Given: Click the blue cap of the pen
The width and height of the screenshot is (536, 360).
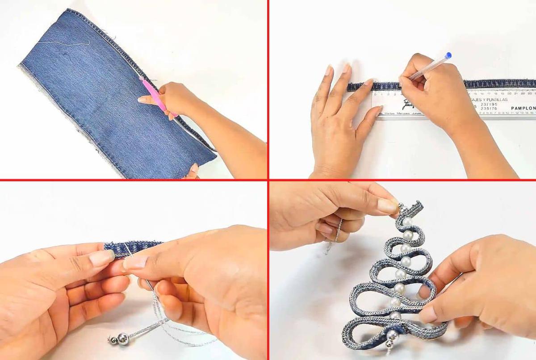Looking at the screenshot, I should tap(448, 55).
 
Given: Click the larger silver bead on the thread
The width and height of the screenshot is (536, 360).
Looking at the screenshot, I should tap(123, 339).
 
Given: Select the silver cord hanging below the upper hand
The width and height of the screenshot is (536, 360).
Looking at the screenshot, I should tap(335, 237).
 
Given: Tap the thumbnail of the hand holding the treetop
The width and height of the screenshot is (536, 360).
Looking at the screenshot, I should tap(388, 206).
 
